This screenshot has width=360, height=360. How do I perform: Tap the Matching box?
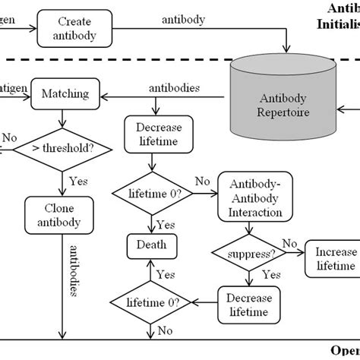[x=62, y=95]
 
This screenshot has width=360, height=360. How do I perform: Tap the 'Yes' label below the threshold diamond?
[x=79, y=182]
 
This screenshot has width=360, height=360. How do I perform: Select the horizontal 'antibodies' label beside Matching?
[x=175, y=88]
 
